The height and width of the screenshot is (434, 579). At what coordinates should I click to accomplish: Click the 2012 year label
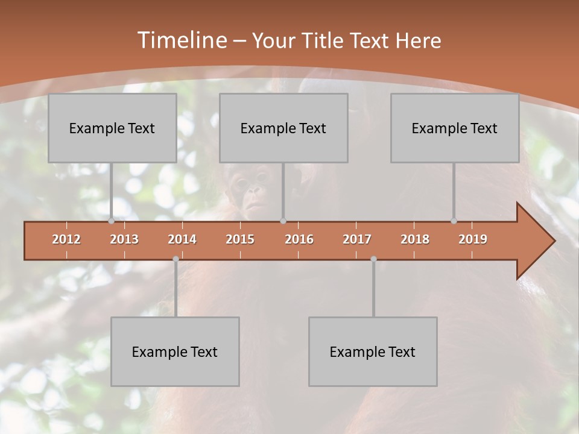tap(66, 239)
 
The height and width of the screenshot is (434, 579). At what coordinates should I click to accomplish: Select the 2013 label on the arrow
tap(124, 239)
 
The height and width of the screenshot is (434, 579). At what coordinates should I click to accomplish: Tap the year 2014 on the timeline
tap(182, 239)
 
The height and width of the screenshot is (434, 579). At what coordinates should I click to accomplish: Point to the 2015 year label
tap(240, 239)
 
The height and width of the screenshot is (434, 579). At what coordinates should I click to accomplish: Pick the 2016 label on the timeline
tap(299, 239)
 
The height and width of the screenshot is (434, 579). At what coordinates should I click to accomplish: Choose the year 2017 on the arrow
tap(357, 239)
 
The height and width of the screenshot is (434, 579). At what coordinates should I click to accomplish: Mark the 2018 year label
tap(415, 239)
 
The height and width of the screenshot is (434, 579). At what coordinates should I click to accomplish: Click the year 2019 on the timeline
tap(473, 239)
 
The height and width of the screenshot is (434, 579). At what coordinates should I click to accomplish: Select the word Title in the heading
tap(324, 40)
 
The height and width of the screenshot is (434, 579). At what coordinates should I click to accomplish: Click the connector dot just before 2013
tap(111, 221)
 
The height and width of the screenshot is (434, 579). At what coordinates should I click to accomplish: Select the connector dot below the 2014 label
tap(176, 259)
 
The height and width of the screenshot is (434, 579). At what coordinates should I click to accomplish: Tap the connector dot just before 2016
tap(283, 221)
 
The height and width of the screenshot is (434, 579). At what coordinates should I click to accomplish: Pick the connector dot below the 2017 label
tap(373, 259)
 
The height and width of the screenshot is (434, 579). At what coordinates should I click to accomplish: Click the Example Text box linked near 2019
tap(455, 128)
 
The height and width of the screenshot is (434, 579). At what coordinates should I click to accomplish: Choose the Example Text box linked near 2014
tap(175, 351)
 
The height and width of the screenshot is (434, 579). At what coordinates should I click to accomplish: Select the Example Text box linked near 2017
tap(373, 351)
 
